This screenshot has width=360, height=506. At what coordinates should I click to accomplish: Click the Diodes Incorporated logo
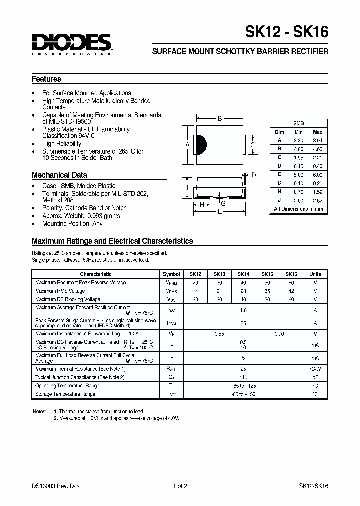(72, 44)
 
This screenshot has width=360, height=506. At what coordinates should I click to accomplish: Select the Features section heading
(46, 79)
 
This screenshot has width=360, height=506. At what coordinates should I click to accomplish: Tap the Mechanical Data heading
(59, 175)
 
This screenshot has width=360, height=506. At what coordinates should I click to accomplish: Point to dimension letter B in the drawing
(219, 119)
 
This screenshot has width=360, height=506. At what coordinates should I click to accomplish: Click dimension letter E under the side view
(219, 212)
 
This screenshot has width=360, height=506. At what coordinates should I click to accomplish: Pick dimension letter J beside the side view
(187, 187)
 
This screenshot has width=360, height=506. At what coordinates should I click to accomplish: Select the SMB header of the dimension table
(298, 123)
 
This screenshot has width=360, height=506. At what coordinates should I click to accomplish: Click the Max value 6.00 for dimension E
(317, 175)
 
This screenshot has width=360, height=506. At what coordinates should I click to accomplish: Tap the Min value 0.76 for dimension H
(298, 192)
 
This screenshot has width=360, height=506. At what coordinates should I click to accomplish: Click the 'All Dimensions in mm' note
(298, 209)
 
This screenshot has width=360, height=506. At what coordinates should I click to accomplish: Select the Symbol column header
(171, 274)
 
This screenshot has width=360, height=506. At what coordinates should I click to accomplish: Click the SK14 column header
(243, 274)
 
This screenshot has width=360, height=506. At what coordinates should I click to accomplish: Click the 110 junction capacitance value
(243, 377)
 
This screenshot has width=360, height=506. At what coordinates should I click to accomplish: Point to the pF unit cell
(315, 377)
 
